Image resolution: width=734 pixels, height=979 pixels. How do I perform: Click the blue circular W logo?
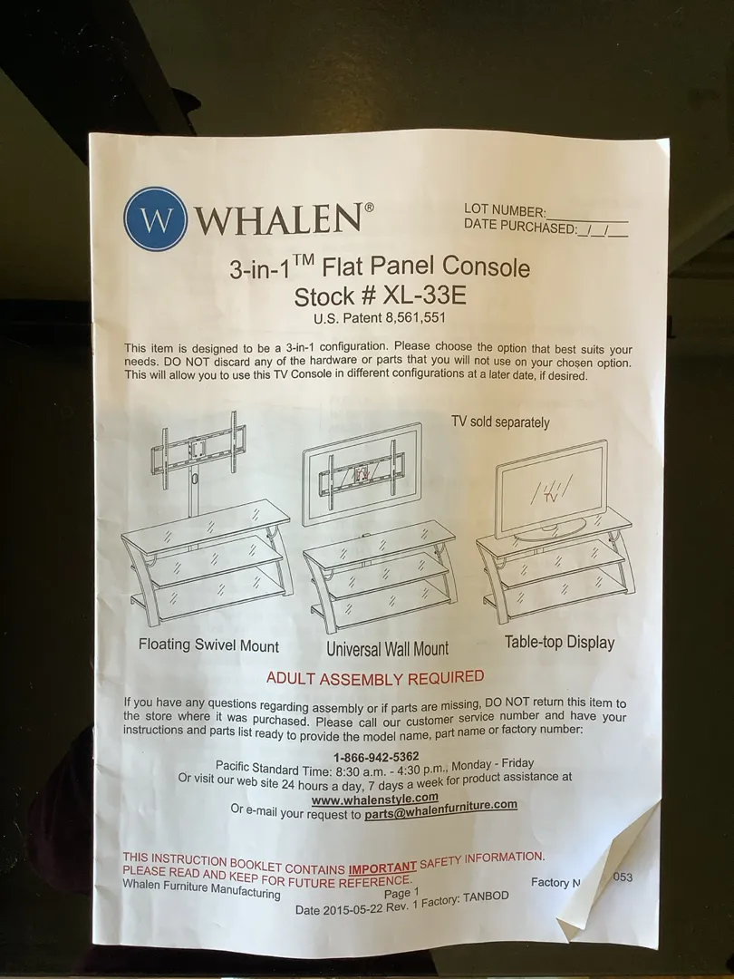click(x=155, y=218)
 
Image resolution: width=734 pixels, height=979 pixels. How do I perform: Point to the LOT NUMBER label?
click(x=505, y=210)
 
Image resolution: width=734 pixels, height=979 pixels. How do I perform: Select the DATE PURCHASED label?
click(x=520, y=227)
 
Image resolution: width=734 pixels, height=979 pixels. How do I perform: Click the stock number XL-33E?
click(x=424, y=295)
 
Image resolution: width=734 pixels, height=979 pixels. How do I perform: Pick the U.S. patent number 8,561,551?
click(x=416, y=318)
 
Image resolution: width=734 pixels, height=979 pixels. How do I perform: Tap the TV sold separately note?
click(x=500, y=422)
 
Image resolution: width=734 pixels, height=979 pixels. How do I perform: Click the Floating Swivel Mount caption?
click(x=208, y=645)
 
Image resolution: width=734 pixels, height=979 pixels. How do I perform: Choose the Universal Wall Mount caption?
click(x=387, y=649)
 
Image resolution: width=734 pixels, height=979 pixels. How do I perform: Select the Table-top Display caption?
click(x=559, y=642)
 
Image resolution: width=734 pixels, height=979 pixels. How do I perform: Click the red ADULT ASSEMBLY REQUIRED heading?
click(x=375, y=677)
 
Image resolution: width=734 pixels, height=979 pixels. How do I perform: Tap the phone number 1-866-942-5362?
click(x=376, y=757)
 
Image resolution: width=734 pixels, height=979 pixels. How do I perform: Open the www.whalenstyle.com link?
click(x=374, y=800)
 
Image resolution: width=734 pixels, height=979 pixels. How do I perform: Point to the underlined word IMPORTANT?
click(x=382, y=868)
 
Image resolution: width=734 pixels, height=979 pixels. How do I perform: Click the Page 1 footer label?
click(x=401, y=894)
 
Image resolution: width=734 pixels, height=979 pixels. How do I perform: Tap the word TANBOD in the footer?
click(x=486, y=897)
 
